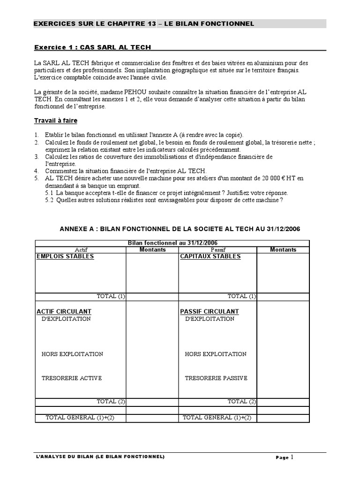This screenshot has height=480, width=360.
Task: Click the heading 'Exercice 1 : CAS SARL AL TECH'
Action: (93, 47)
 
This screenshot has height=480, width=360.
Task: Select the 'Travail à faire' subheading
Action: (56, 120)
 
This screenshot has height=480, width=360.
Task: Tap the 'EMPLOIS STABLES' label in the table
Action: (65, 256)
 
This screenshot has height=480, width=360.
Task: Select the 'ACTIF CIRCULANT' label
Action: (64, 311)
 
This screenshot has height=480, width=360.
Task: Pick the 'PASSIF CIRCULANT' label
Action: (210, 311)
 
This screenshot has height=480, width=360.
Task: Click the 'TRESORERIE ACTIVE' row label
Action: (71, 378)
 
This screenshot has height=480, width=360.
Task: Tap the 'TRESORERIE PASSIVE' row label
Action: (216, 378)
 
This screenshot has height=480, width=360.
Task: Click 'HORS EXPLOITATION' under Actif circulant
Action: (72, 354)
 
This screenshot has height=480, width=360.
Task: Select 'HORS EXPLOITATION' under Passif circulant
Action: (216, 354)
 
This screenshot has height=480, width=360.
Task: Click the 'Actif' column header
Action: (81, 250)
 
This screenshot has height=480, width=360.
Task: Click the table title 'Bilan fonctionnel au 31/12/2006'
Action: (172, 243)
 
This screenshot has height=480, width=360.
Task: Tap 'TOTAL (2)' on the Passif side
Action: (242, 401)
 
